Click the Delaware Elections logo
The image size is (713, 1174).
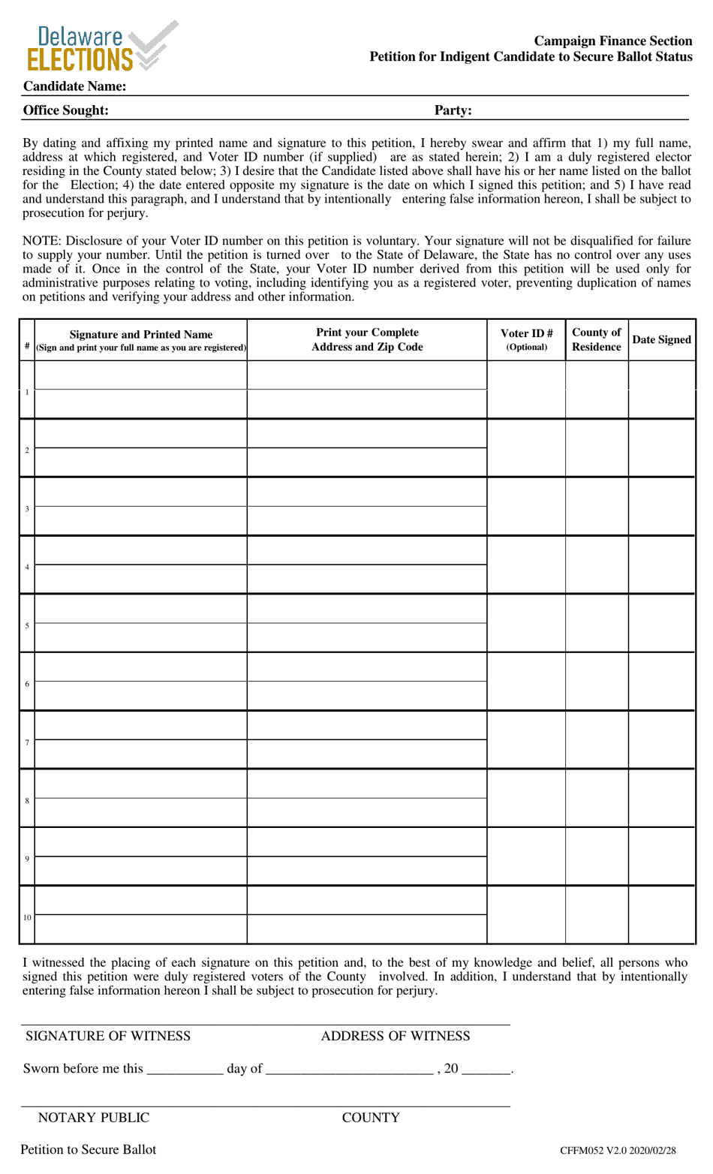point(101,47)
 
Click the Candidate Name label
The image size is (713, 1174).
point(74,86)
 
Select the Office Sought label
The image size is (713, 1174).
point(66,110)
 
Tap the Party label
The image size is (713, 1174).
point(453,110)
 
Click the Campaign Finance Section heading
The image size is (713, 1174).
point(612,41)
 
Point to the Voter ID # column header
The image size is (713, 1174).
point(526,339)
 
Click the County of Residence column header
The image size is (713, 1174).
point(596,339)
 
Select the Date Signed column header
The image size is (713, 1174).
point(661,339)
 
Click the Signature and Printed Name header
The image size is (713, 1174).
point(141,339)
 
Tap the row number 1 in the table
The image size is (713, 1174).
point(27,392)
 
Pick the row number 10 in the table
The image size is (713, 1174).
point(27,917)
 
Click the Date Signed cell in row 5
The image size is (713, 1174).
point(661,623)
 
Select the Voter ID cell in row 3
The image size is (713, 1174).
point(526,507)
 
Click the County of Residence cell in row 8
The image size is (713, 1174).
point(596,798)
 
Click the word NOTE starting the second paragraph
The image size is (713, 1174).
point(39,241)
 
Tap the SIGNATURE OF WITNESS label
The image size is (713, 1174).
point(108,1036)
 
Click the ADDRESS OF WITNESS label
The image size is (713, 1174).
point(396,1036)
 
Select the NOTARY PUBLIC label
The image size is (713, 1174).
point(94,1118)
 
